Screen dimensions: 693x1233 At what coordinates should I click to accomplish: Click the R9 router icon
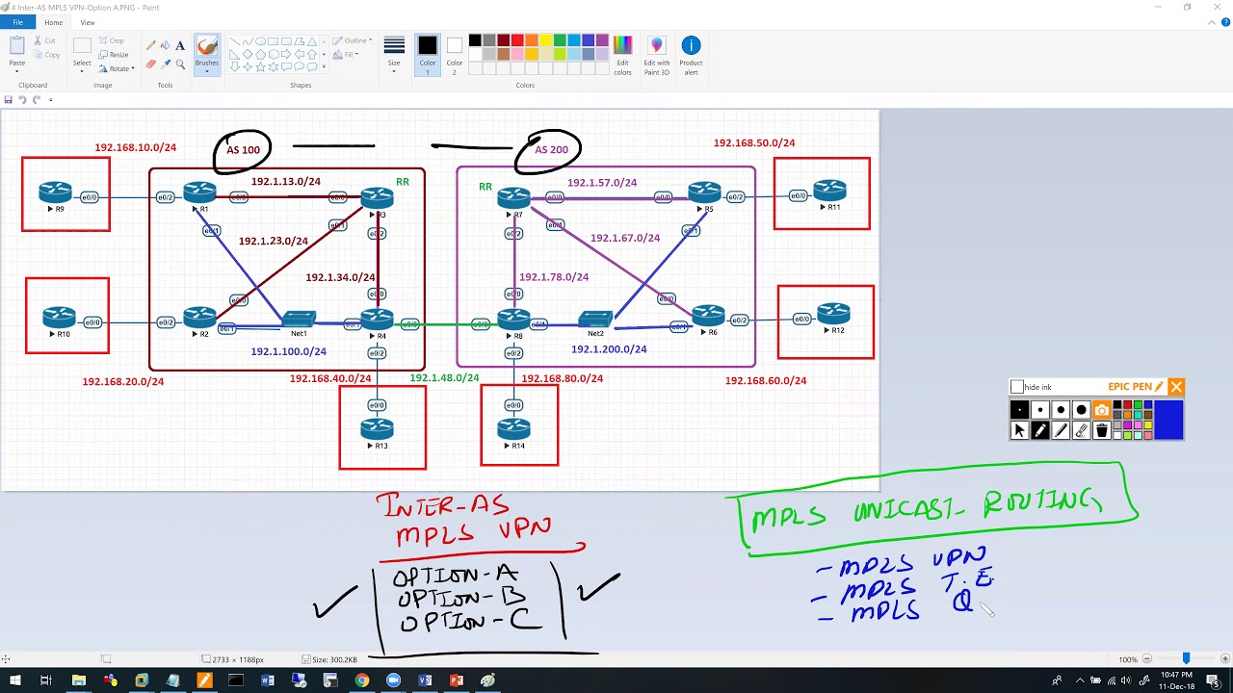pos(55,192)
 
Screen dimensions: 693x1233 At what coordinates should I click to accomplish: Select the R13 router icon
pos(377,427)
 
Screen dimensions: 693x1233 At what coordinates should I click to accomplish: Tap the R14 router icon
pos(514,427)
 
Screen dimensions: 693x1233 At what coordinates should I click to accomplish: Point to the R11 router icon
pos(829,191)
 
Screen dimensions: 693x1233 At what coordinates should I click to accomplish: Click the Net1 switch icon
pos(300,319)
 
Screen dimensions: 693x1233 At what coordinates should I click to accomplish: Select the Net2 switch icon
pos(595,319)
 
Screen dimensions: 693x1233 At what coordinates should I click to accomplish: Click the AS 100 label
pos(243,150)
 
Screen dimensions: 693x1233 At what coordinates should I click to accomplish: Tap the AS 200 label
pos(551,150)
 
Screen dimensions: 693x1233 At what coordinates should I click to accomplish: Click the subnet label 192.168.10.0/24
pos(135,148)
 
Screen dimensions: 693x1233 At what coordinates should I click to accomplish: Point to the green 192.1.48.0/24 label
pos(444,378)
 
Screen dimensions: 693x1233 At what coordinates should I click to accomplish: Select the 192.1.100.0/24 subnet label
pos(288,352)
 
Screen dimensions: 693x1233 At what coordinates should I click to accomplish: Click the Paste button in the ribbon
pos(17,52)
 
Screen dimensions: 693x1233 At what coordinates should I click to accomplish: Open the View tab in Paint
pos(88,22)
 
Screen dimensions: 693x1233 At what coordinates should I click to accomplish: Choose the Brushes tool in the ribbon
pos(206,52)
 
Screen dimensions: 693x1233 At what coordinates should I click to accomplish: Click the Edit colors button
pos(623,54)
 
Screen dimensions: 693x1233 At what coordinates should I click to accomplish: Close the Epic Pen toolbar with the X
pos(1176,387)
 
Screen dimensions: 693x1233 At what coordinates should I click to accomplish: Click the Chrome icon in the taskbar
pos(361,680)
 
